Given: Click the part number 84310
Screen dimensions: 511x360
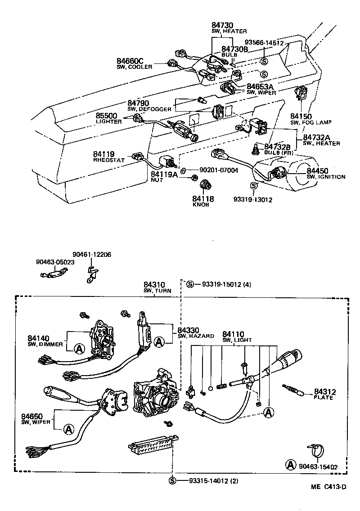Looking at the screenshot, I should [x=155, y=285].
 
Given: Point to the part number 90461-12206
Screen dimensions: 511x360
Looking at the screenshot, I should [x=92, y=255].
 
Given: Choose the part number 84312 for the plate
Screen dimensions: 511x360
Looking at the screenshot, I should [x=325, y=392].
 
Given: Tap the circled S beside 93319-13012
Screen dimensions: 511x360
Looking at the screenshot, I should [x=254, y=186].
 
